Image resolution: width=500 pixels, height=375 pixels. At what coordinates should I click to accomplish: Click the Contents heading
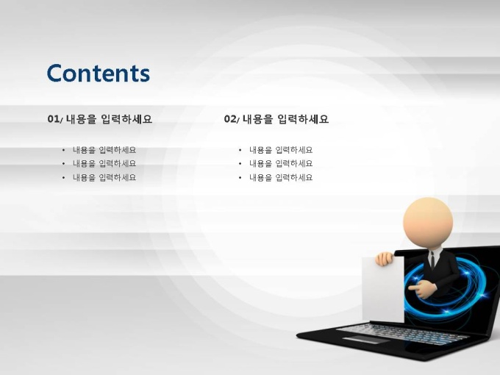coord(99,73)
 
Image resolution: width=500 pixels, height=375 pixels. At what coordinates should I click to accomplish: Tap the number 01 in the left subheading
coord(53,119)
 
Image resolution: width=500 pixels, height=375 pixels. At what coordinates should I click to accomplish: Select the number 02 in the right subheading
coord(230,119)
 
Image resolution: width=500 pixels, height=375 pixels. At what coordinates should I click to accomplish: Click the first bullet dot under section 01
coord(63,150)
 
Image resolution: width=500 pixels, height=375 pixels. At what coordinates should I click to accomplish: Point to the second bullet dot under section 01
coord(63,163)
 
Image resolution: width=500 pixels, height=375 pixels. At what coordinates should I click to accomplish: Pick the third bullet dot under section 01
coord(63,178)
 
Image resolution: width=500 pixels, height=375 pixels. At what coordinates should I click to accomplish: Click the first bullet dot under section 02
coord(240,150)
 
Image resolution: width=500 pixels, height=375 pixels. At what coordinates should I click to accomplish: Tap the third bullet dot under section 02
coord(240,178)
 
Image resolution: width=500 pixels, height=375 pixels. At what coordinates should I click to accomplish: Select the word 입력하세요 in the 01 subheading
coord(126,119)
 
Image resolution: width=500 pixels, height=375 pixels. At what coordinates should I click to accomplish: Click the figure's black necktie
coord(432,260)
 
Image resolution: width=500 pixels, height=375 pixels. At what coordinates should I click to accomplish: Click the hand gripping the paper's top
coord(385,259)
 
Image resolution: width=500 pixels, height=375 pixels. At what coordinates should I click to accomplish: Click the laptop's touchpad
coord(365,339)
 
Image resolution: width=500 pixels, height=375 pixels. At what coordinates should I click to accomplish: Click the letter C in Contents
coord(55,73)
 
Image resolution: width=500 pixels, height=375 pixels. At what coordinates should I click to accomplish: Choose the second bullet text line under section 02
coord(281,163)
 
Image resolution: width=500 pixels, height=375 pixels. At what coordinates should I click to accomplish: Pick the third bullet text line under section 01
coord(104,178)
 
